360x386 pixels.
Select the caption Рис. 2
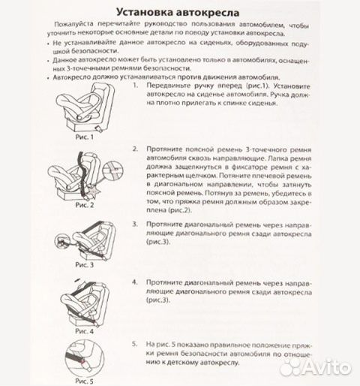[x=82, y=204]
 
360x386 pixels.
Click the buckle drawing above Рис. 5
[x=84, y=359]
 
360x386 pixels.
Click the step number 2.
[x=134, y=149]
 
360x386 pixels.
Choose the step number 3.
[x=134, y=224]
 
